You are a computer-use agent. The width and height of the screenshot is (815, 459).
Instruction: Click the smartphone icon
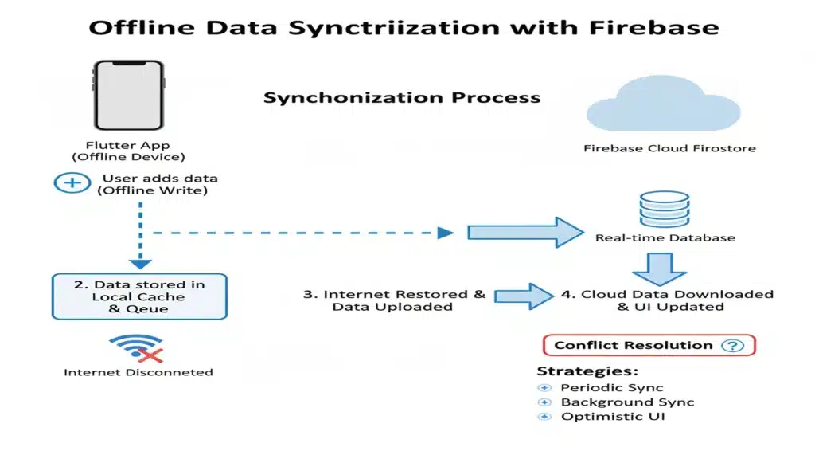[x=128, y=96]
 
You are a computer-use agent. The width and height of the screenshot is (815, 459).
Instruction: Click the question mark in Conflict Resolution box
[x=731, y=345]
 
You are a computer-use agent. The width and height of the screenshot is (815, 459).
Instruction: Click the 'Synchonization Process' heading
[x=402, y=99]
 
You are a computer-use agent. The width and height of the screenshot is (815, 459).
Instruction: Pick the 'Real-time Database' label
[x=665, y=237]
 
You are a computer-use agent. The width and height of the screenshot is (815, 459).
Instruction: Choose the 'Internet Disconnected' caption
[x=138, y=372]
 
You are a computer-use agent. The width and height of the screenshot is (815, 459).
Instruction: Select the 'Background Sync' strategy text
[x=627, y=402]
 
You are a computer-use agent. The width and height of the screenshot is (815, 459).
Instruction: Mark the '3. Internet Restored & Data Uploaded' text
[x=394, y=300]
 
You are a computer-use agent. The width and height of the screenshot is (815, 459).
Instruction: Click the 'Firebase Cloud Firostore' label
[x=669, y=148]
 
